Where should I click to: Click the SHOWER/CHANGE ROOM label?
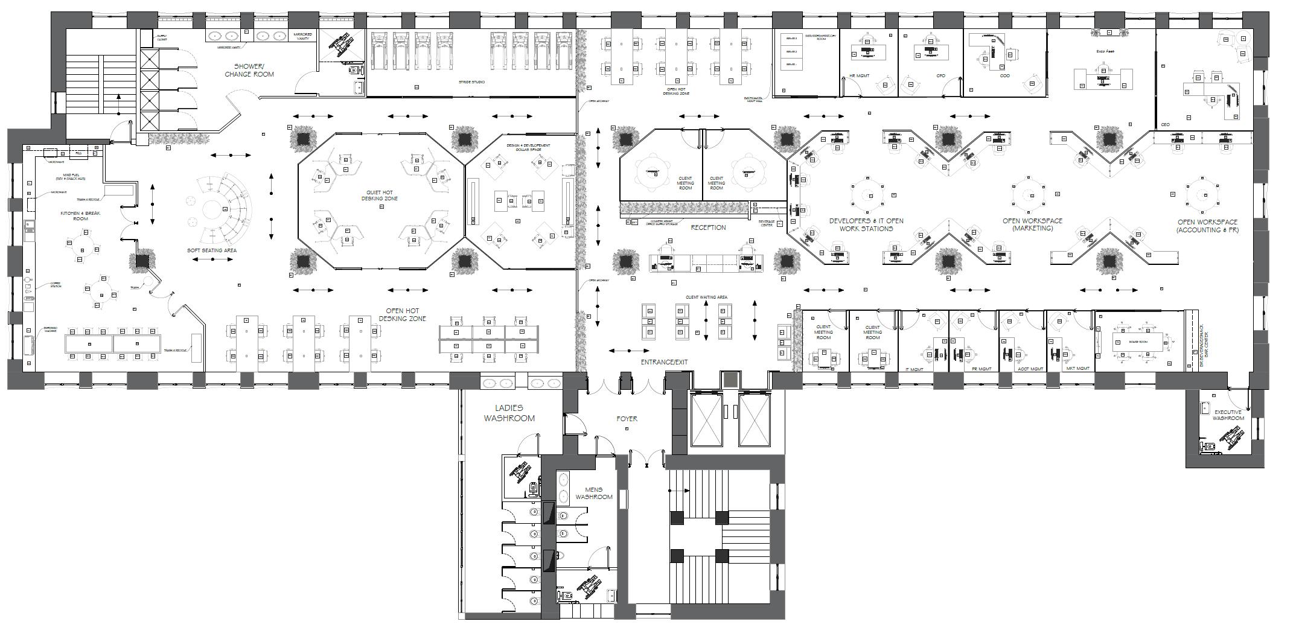pos(249,70)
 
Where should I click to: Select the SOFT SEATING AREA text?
pos(212,250)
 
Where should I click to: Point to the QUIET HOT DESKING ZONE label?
pos(380,196)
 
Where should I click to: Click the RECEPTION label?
pos(708,227)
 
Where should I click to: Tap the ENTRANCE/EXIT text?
pos(664,362)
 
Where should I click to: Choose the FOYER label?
pos(627,418)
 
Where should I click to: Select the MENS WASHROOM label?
pos(593,493)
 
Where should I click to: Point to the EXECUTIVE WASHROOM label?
pos(1228,415)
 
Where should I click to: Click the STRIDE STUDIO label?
pos(471,82)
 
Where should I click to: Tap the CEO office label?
pos(1165,125)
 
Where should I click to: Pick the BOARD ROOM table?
pos(1137,342)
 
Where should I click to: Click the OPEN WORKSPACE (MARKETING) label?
pos(1032,224)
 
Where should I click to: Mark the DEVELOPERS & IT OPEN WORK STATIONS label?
pos(866,224)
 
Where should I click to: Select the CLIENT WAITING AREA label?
pos(706,297)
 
